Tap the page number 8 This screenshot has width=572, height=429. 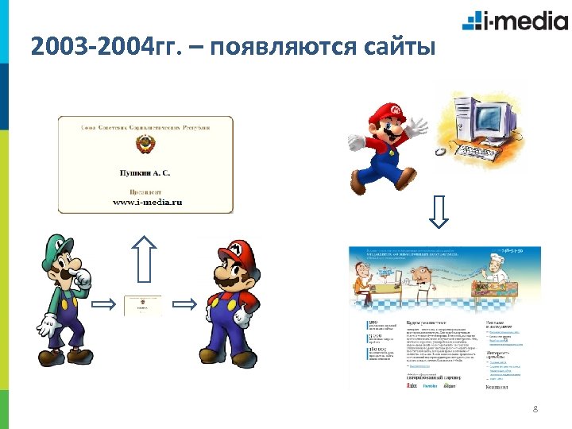coord(535,409)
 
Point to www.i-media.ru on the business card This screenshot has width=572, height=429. coord(146,202)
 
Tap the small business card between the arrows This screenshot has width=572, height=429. coord(144,305)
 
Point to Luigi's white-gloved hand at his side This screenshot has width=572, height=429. coord(48,325)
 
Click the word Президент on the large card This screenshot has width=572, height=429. coord(146,191)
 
